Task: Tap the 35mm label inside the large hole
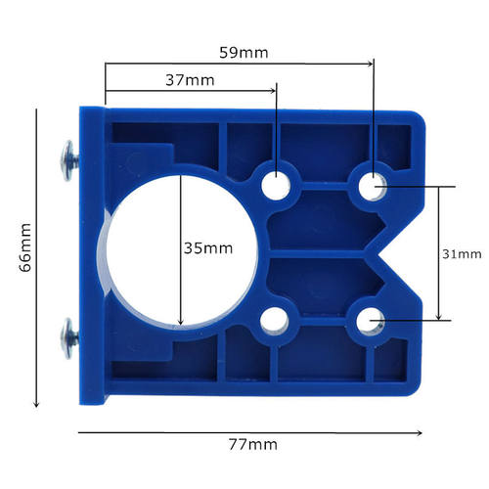(x=207, y=248)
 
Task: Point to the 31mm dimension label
(x=462, y=253)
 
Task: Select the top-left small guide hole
(x=277, y=184)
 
